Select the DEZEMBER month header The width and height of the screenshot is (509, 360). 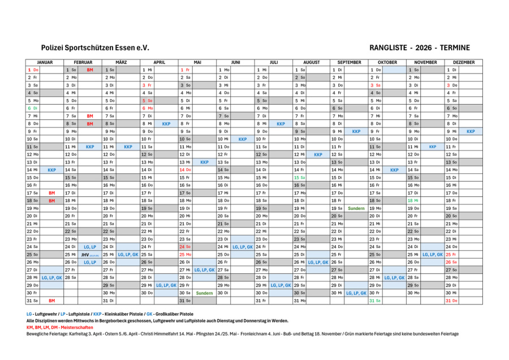(464, 62)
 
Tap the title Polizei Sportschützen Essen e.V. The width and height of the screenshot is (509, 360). (95, 48)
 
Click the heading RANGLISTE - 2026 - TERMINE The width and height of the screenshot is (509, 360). (419, 48)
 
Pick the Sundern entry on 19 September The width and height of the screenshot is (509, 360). (356, 208)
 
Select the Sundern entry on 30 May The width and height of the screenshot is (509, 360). (204, 293)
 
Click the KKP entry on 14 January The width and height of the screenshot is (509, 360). (51, 170)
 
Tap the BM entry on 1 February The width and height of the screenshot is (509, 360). (90, 70)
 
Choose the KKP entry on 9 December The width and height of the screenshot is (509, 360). (471, 131)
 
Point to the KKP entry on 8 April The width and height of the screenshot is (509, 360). (166, 123)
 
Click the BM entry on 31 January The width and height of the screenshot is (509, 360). (51, 301)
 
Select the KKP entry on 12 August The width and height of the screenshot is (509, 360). (318, 155)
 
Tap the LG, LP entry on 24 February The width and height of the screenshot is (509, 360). (90, 247)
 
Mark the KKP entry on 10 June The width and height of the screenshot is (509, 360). (243, 139)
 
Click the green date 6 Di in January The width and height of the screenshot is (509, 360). (32, 108)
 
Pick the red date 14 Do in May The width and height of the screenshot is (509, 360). (185, 170)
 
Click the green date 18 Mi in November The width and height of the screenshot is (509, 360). (413, 201)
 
